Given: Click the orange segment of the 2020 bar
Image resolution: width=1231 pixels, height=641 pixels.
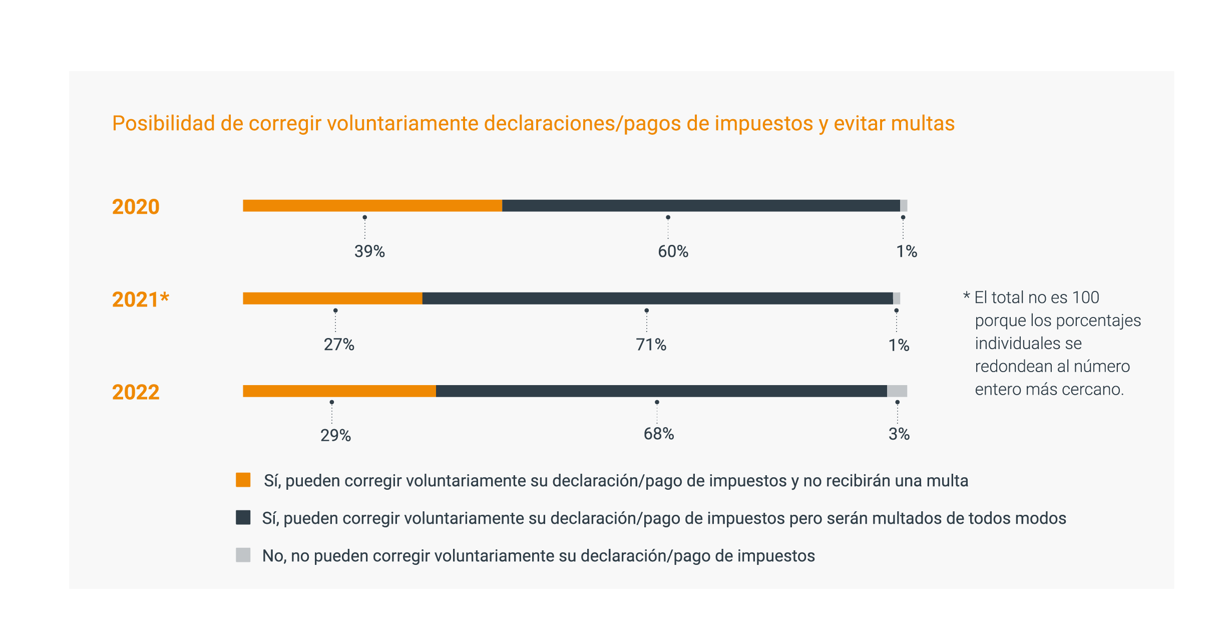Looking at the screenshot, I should [x=372, y=206].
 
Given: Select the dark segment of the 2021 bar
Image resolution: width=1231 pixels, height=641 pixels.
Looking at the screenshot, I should [x=657, y=298].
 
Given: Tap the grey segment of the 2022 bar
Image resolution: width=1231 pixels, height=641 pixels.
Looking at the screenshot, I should [x=897, y=391].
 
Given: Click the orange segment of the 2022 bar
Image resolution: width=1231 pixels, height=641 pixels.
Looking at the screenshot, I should [x=339, y=391].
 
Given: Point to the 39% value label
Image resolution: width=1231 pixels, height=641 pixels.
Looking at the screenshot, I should [x=369, y=251].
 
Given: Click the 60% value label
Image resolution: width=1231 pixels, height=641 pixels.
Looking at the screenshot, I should [x=673, y=251].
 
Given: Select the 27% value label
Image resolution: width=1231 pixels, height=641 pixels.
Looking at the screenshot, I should [x=339, y=345].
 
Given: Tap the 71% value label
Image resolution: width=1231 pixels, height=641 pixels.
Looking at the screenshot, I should [x=651, y=345].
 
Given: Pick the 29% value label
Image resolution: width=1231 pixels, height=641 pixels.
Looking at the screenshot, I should [x=335, y=435].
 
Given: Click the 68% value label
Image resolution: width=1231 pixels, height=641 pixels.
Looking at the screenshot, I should [x=659, y=434].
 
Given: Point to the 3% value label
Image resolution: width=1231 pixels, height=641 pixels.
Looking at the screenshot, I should [x=899, y=434].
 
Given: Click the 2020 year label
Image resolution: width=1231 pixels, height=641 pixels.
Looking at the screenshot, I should [x=136, y=207].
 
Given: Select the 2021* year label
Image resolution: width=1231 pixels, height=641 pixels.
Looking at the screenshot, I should [x=141, y=299].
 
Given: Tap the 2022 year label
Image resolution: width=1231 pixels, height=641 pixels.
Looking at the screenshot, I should [x=136, y=392].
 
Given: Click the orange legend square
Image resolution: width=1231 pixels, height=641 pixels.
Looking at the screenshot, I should [x=243, y=480].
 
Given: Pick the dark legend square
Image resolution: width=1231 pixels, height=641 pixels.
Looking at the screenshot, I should [x=243, y=517].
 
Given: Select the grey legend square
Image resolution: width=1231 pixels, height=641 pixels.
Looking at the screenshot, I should [x=243, y=555].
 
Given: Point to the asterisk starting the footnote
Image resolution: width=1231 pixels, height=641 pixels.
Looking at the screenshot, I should [x=966, y=295].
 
